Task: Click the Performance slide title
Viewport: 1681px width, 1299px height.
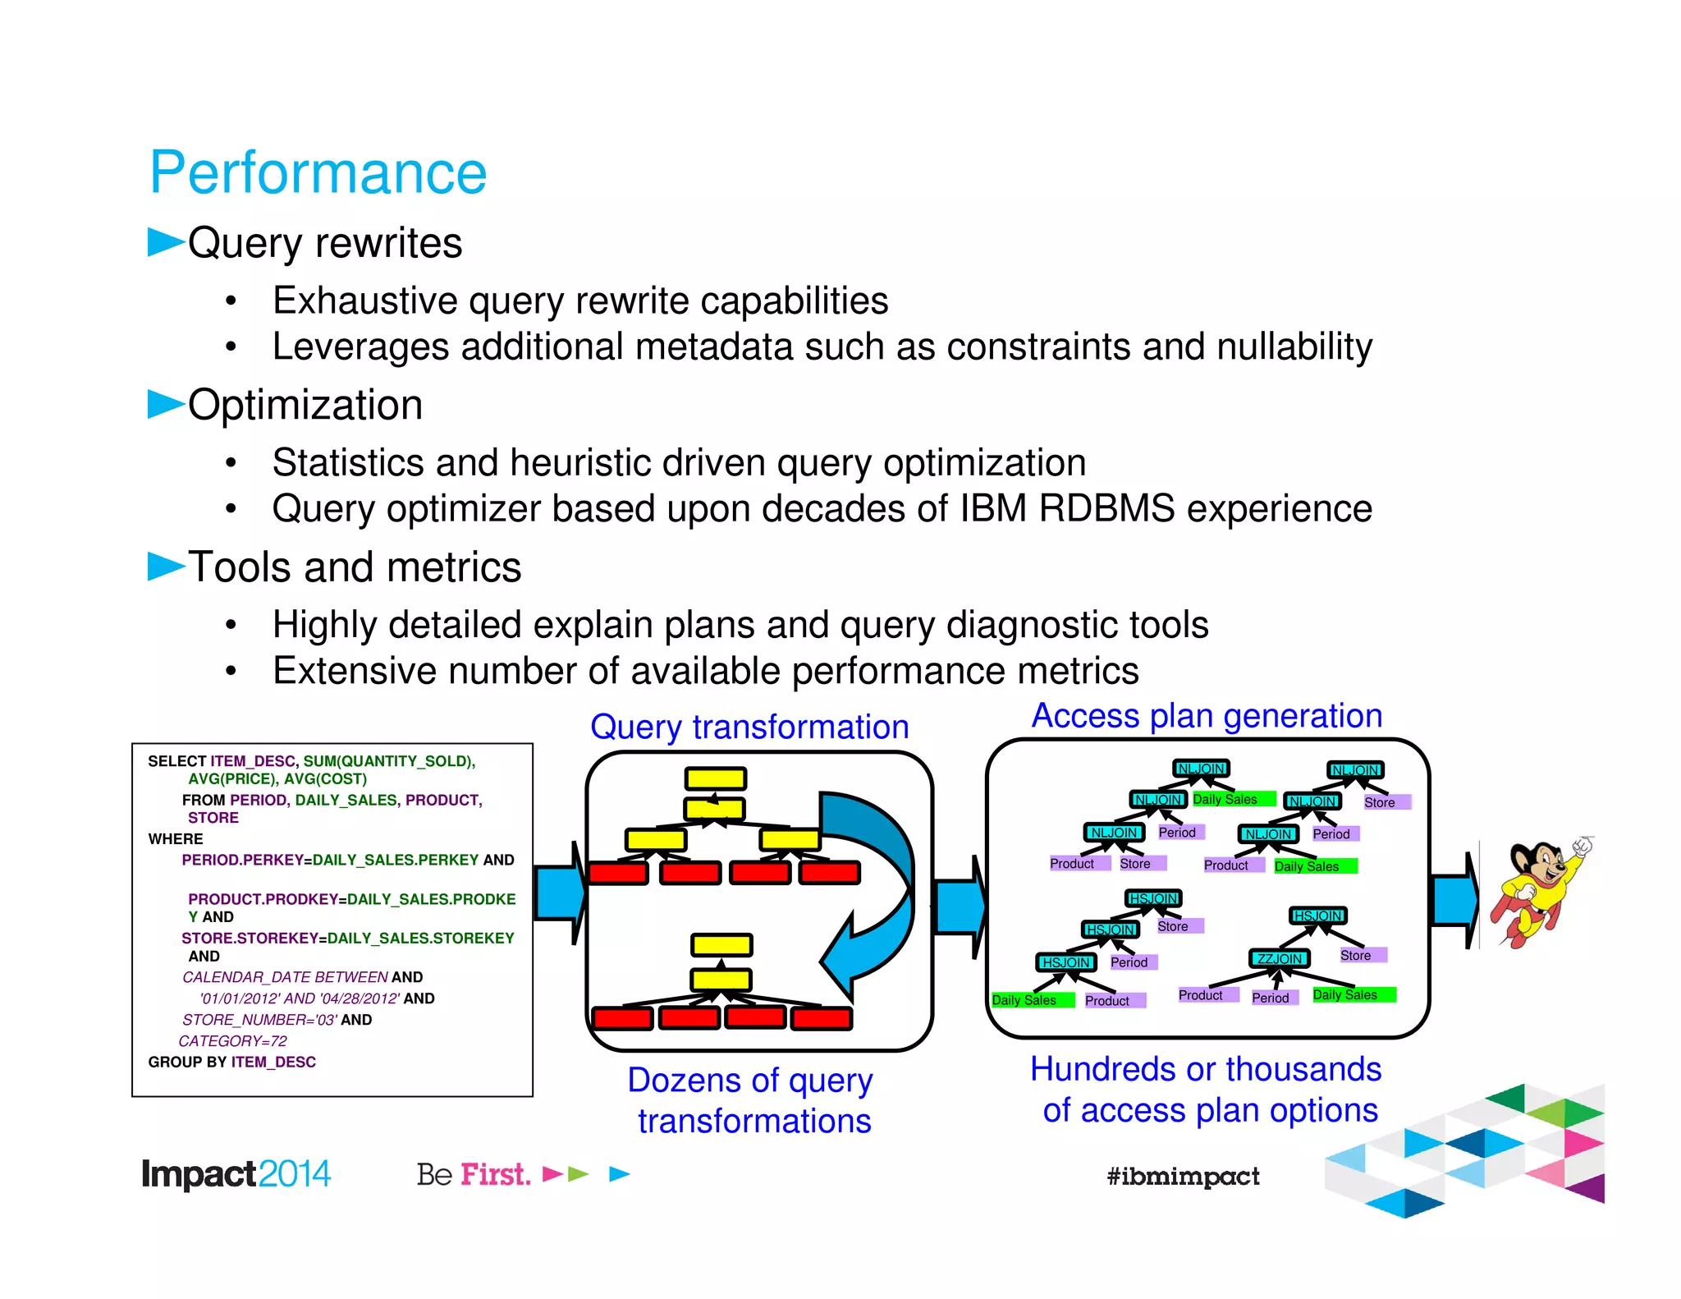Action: (x=318, y=173)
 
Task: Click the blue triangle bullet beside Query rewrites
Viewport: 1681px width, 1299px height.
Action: (x=165, y=242)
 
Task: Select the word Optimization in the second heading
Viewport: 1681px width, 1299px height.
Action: (x=305, y=405)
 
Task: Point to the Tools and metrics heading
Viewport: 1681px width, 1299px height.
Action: (x=355, y=567)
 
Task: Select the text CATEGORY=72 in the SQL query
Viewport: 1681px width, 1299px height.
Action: (x=233, y=1040)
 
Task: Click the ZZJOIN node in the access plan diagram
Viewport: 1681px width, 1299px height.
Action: (x=1279, y=958)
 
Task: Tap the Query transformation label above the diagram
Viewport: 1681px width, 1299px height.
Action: (x=749, y=728)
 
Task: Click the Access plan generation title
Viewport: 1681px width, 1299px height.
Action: (x=1207, y=716)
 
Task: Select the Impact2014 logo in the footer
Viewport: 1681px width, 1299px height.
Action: (x=236, y=1174)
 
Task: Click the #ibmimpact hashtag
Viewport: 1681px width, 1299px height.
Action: (x=1182, y=1177)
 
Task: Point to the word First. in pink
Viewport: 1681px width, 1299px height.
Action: (x=495, y=1174)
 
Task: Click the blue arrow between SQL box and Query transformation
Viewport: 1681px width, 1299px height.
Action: (x=560, y=893)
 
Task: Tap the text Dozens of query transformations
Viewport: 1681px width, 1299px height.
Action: (x=751, y=1100)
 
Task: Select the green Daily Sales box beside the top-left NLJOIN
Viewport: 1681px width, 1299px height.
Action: (x=1231, y=799)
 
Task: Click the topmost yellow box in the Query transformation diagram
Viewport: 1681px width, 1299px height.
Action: (x=716, y=778)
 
